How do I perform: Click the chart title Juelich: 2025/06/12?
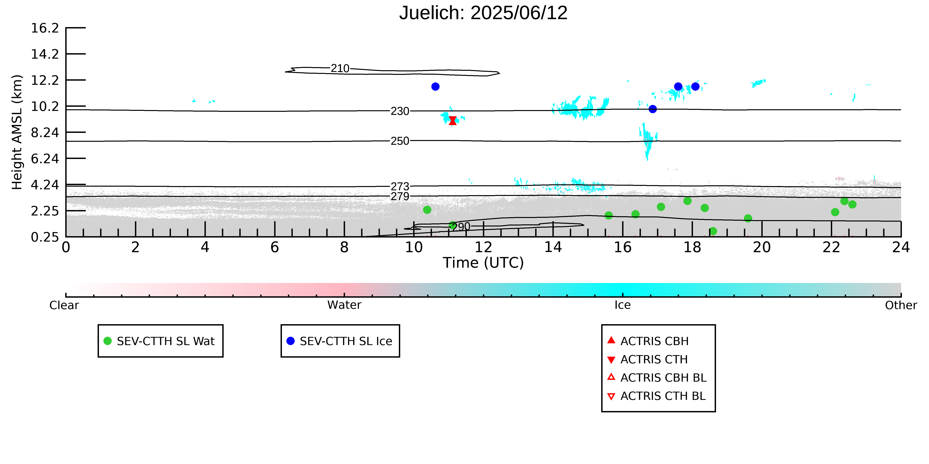483,13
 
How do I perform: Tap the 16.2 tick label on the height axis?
45,28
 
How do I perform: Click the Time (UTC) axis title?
483,263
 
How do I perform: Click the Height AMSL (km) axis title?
17,132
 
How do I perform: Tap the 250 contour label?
400,141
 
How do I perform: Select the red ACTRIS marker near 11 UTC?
453,121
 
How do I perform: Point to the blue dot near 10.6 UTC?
435,86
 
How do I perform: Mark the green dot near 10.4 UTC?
427,210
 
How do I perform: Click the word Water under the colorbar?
344,305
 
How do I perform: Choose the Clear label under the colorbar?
64,305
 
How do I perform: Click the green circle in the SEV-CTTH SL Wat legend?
107,341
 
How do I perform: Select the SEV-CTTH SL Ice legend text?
346,341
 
